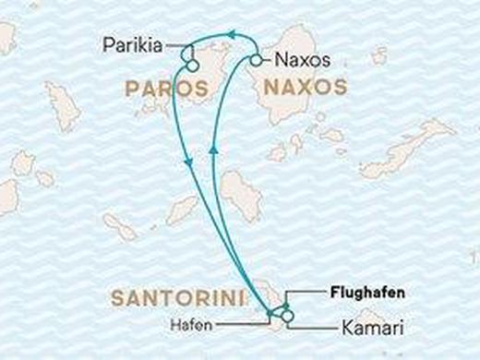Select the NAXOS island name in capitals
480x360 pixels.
[306, 89]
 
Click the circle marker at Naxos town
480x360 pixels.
[256, 61]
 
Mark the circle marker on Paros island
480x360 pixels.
[191, 65]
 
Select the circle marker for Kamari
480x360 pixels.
[289, 318]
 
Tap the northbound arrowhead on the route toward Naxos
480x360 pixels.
[213, 148]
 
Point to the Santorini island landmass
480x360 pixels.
[274, 304]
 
